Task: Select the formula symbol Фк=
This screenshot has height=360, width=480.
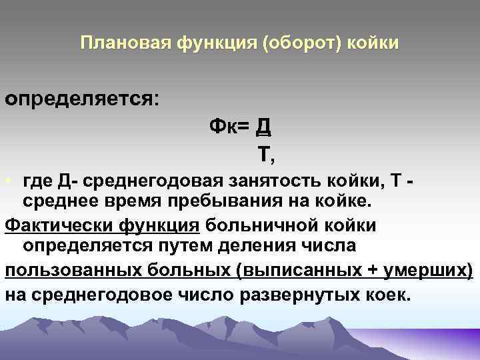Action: tap(231, 126)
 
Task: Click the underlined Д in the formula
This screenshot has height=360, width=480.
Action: tap(263, 125)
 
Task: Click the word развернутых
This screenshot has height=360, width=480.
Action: tap(285, 293)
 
